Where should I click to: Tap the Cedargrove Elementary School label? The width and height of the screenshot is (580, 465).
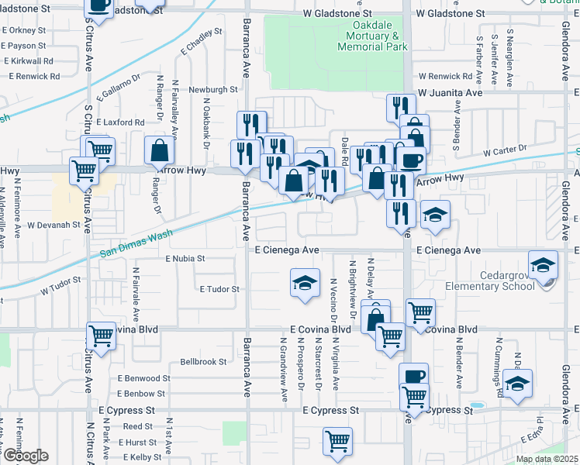(x=489, y=279)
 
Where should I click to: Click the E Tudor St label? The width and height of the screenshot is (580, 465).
(x=220, y=289)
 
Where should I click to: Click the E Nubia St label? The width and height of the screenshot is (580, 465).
(x=185, y=258)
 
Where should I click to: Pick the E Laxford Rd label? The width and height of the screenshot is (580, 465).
(x=121, y=122)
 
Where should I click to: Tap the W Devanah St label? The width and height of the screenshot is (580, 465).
(x=54, y=225)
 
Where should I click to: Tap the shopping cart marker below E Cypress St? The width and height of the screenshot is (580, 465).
(x=337, y=442)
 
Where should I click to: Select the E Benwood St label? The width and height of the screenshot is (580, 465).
(x=143, y=378)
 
